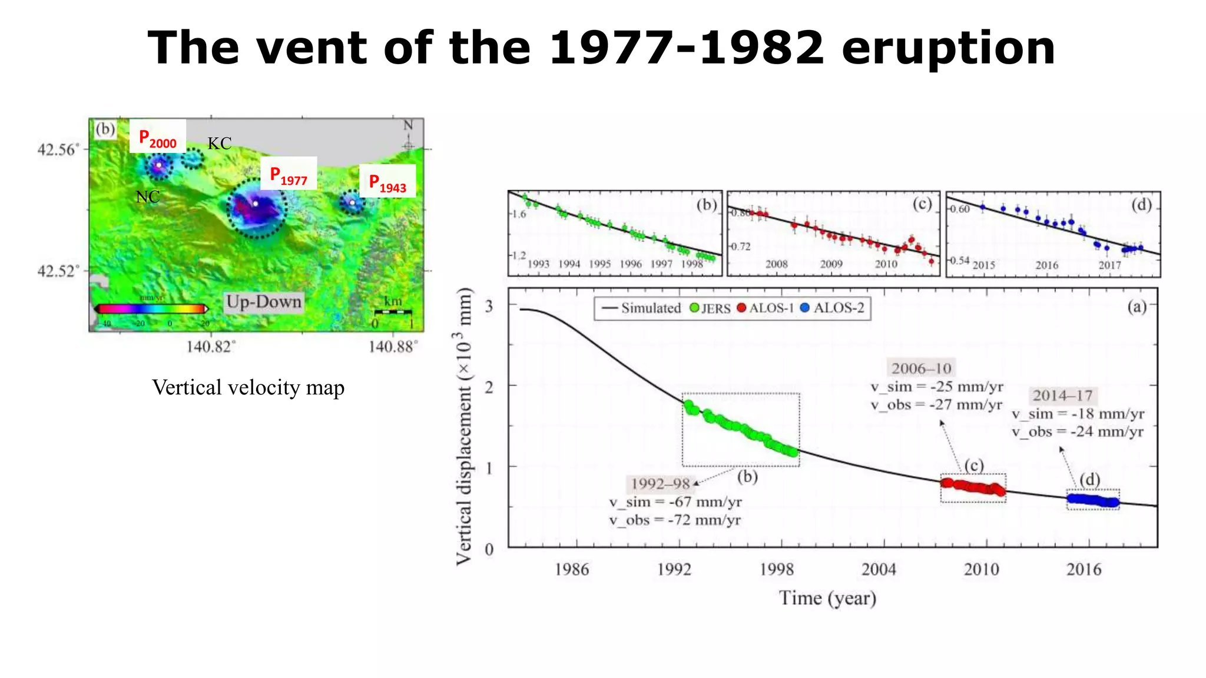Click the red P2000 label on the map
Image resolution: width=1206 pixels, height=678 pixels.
click(157, 138)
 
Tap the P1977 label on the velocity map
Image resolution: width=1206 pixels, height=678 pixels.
click(289, 175)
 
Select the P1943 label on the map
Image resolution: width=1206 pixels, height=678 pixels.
click(387, 182)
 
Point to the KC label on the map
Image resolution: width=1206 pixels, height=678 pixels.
click(219, 144)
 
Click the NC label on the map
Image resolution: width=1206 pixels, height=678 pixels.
click(147, 197)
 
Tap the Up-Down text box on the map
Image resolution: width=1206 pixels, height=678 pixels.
click(264, 302)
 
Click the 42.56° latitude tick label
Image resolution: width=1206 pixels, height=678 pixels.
click(57, 149)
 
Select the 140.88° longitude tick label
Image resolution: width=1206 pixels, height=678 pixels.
click(393, 347)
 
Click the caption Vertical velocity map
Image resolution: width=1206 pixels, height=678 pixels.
click(248, 388)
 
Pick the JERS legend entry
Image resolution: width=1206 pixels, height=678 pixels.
click(710, 308)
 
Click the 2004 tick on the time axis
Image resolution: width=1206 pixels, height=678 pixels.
click(879, 569)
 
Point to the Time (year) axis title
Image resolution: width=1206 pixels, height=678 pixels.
click(827, 598)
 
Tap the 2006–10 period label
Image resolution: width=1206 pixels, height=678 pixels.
click(921, 368)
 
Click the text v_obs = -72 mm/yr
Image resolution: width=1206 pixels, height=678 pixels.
click(675, 520)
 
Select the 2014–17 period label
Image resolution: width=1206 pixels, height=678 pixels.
click(1062, 395)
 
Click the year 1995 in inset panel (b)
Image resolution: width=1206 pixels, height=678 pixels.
click(599, 264)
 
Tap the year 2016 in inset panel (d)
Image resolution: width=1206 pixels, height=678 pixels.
click(1046, 265)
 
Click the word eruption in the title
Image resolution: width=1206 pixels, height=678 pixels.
click(948, 48)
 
